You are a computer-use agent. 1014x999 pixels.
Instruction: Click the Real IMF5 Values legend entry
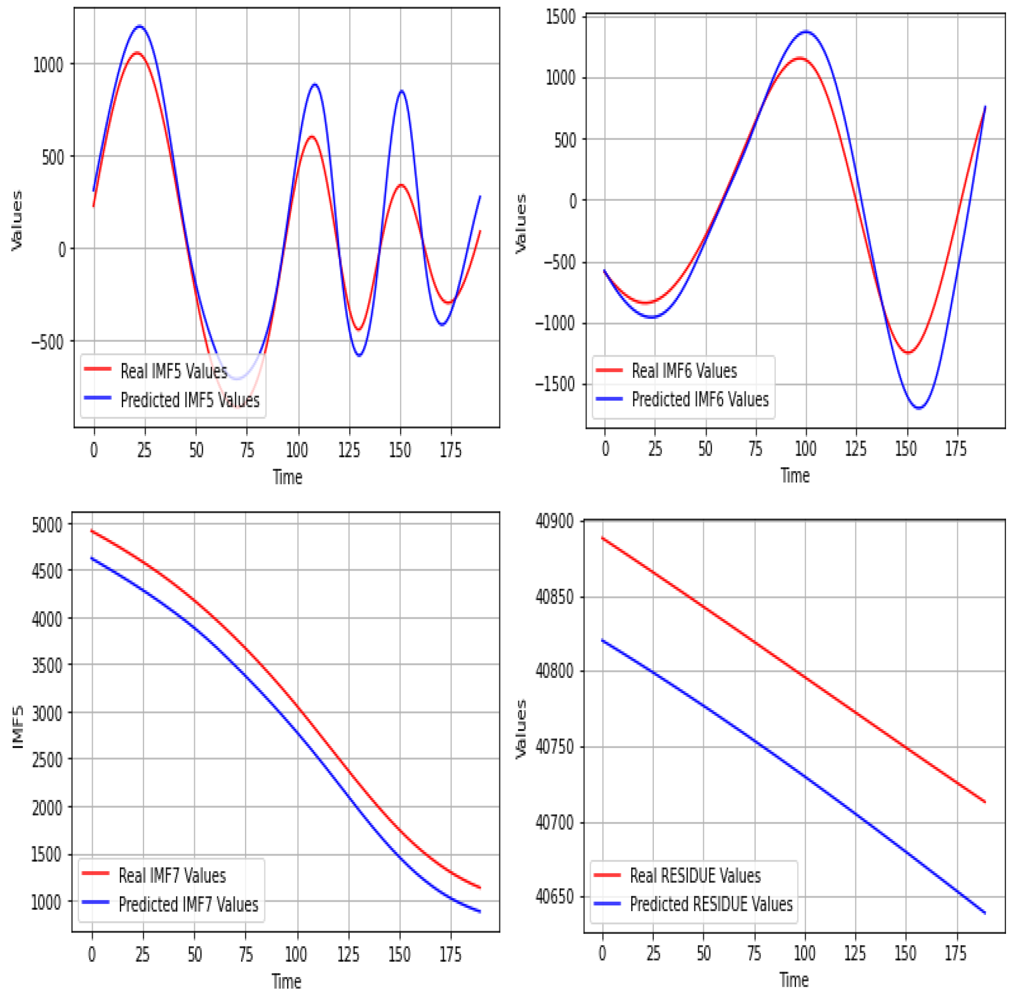click(173, 371)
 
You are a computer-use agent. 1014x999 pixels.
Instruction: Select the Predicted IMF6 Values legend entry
click(700, 399)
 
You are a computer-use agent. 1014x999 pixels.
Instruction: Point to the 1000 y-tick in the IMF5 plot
click(48, 65)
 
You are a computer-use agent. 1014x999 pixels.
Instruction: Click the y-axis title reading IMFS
click(18, 727)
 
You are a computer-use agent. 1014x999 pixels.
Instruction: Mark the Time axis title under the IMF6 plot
click(795, 475)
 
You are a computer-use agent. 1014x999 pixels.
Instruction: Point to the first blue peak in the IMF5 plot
click(140, 26)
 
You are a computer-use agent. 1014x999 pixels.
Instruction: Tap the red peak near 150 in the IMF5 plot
click(401, 185)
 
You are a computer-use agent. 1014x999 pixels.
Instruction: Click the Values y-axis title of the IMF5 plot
click(17, 220)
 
